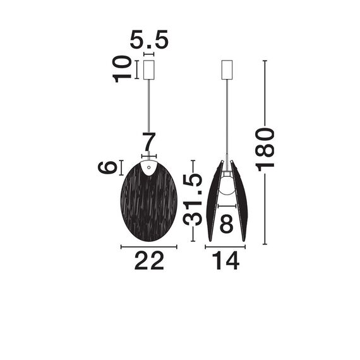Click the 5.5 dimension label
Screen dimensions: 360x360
tap(149, 41)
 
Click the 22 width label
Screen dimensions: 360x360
tap(149, 260)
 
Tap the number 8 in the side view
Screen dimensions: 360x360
tap(227, 223)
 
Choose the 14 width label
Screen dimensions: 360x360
tap(225, 260)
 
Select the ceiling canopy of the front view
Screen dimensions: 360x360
tap(149, 69)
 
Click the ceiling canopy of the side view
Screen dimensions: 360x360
tap(227, 69)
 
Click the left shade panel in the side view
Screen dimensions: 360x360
tap(213, 202)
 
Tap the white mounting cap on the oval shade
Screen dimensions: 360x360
tap(149, 167)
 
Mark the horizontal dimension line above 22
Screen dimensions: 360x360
tap(149, 246)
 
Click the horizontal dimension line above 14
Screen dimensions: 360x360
tap(225, 246)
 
